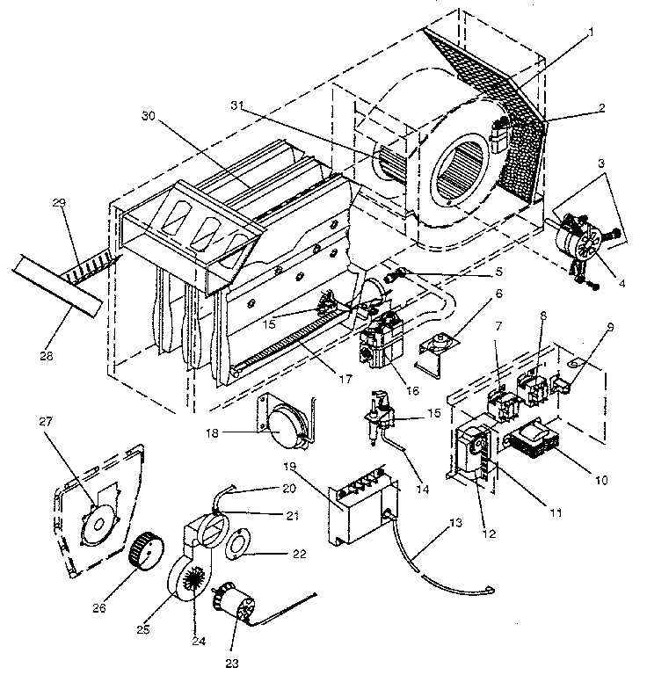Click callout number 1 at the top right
tap(591, 32)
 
